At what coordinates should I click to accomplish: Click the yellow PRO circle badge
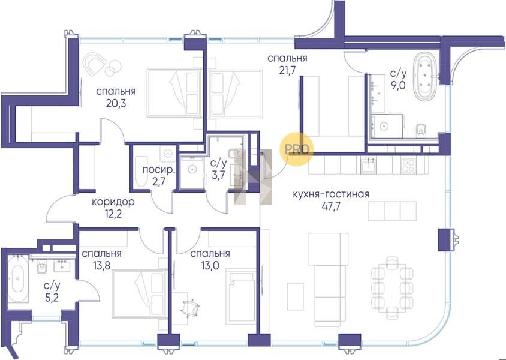[296, 149]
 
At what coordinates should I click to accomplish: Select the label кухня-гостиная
[331, 194]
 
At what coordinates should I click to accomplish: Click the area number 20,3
[116, 103]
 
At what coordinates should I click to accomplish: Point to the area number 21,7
[287, 70]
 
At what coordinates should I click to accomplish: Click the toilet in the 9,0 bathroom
[420, 130]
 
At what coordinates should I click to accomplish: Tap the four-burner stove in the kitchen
[408, 166]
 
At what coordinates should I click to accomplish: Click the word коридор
[113, 202]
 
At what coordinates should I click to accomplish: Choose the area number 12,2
[113, 214]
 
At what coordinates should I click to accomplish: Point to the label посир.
[158, 170]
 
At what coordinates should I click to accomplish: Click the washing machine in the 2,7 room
[168, 153]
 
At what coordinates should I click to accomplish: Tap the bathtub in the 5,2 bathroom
[18, 278]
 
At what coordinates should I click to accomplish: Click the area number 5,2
[52, 297]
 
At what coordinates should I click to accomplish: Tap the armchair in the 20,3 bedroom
[95, 64]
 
